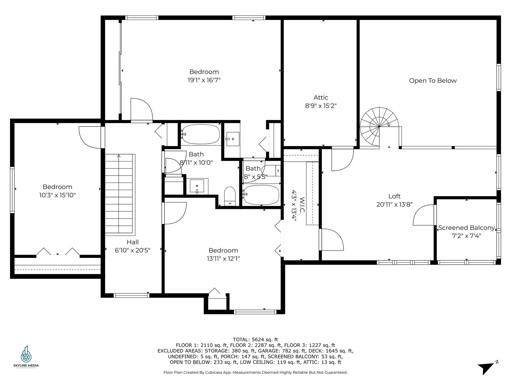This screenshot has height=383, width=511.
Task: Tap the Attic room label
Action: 321,98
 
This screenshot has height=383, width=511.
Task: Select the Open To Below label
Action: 433,81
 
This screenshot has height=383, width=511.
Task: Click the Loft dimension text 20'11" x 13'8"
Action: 394,205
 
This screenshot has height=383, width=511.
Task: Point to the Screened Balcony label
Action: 466,228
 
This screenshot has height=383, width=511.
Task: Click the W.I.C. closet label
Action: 302,205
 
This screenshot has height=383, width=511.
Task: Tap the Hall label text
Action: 133,242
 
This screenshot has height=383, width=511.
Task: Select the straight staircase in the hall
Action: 119,194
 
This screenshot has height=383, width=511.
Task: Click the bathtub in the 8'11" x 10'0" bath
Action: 201,134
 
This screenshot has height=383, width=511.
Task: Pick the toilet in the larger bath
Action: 230,196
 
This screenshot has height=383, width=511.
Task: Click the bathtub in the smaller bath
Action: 261,195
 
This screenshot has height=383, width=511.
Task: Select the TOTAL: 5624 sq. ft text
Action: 255,340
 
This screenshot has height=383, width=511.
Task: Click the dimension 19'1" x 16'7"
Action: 204,80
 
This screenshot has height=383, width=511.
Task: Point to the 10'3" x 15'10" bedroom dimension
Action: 57,195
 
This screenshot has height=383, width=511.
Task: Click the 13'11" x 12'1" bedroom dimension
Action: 223,259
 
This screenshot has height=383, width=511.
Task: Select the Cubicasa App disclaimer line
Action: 255,373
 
